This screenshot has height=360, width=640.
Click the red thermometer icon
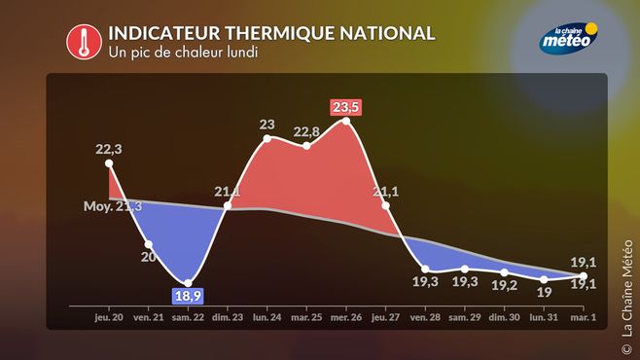point(84,42)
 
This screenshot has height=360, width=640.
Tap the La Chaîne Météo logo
point(569,38)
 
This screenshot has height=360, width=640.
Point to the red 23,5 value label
point(345,107)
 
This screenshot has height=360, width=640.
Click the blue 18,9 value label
point(188,296)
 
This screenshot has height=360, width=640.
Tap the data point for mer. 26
point(346,122)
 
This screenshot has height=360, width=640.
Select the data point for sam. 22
point(188,283)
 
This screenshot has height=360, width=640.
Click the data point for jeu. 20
point(109,163)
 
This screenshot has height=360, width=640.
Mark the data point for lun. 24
point(267,138)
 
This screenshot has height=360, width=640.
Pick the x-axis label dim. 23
point(228,317)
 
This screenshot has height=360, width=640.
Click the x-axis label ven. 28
point(425,317)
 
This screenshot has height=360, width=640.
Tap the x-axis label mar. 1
point(583,317)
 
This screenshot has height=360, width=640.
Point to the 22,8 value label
point(306,131)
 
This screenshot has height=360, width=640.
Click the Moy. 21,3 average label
point(113,206)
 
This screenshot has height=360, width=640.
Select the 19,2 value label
point(505,285)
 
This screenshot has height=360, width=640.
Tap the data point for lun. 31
point(544,279)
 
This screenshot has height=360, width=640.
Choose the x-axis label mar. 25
point(306,317)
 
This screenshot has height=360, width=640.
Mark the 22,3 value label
point(109,150)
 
